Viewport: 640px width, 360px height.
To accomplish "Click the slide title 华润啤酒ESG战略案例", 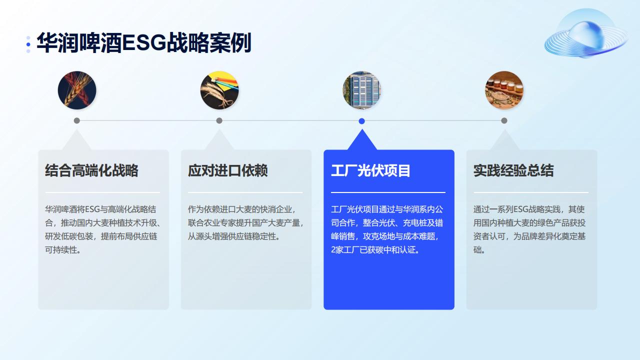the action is click(144, 43).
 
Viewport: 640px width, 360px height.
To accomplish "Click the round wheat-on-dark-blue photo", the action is click(77, 90).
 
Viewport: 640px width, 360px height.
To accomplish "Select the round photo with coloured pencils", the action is click(219, 90).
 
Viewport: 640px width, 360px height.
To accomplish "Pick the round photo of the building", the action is click(361, 90).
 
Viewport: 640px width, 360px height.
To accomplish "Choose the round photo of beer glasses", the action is click(504, 90).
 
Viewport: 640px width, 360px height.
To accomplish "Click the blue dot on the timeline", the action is click(361, 121).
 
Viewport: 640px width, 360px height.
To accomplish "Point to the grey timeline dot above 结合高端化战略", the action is click(77, 120).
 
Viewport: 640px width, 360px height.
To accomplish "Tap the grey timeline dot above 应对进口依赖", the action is click(219, 120).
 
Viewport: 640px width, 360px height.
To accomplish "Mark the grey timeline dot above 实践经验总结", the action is click(504, 120).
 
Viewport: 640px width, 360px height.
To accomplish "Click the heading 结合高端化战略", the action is click(91, 170).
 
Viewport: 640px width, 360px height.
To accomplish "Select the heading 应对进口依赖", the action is click(227, 170).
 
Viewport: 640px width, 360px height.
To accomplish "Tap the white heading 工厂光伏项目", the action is click(370, 170).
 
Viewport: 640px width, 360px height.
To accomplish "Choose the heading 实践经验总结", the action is click(513, 170).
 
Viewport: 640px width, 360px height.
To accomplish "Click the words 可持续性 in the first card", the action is click(61, 250).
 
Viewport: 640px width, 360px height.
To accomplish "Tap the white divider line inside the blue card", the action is click(388, 192).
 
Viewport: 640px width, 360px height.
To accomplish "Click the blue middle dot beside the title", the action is click(28, 44).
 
